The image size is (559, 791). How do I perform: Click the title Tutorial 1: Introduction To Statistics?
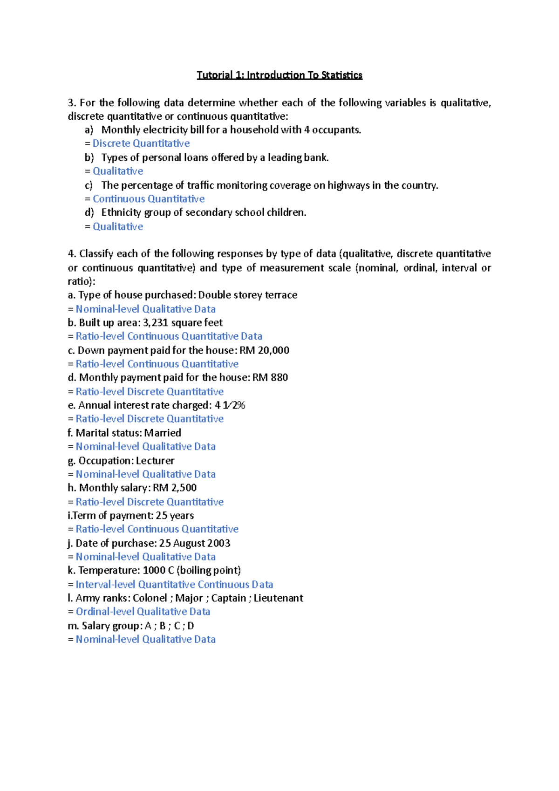coord(279,75)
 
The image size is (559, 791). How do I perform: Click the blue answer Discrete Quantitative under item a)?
coord(141,143)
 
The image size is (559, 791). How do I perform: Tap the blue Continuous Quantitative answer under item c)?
coord(149,199)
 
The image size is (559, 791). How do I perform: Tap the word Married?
coord(163,433)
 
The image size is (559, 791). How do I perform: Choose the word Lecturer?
coord(155,461)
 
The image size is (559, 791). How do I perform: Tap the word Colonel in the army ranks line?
coord(150,598)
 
